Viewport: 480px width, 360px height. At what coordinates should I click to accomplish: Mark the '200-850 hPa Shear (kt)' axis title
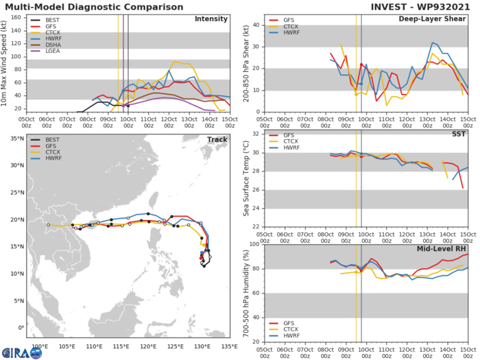tap(245, 58)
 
